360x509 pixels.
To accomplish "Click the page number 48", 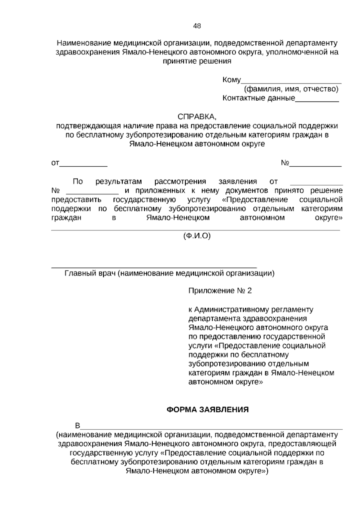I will tap(197, 26).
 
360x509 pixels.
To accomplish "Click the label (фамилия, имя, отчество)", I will tap(291, 89).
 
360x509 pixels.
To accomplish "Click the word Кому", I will tap(232, 80).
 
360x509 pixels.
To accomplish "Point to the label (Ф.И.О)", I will tap(197, 236).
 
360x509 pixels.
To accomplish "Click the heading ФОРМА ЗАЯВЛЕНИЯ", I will tap(208, 410).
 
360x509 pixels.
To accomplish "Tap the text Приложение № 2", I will tap(220, 291).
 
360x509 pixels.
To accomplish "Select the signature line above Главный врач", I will tap(154, 267).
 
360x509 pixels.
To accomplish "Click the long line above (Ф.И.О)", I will tap(195, 230).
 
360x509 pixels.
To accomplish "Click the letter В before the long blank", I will tap(78, 426).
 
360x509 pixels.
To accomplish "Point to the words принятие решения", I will tap(197, 61).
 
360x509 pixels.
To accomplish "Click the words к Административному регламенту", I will tap(251, 309).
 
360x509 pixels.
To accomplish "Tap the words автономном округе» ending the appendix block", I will tap(226, 382).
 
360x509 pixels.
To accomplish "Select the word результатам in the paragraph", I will tap(118, 182).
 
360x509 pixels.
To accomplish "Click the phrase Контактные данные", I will tap(259, 98).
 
